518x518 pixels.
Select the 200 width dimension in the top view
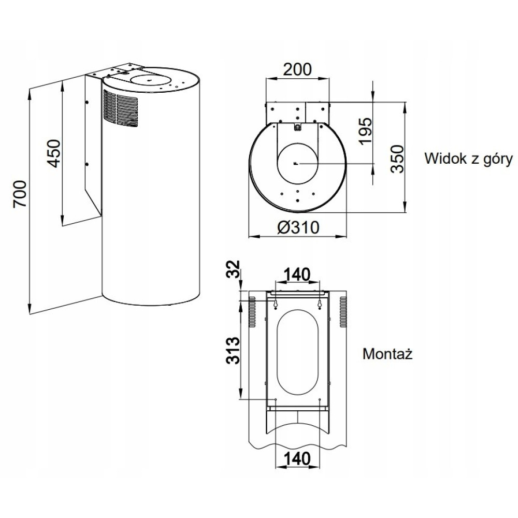(297, 69)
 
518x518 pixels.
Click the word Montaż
(386, 354)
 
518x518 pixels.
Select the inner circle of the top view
(297, 163)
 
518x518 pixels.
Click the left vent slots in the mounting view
(252, 312)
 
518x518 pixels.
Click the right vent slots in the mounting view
(343, 312)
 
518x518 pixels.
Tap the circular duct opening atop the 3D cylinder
(148, 80)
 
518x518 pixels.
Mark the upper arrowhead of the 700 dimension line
(30, 92)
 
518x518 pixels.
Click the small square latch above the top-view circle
(297, 126)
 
